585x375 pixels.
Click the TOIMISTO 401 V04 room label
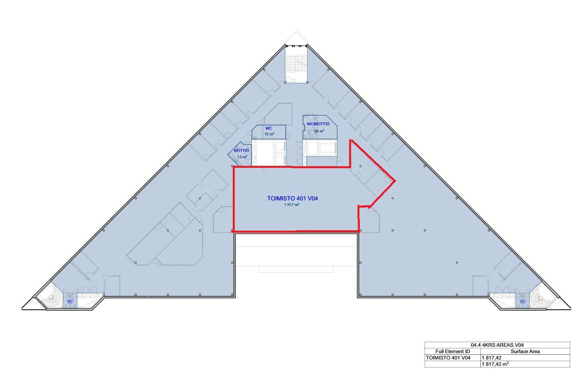coord(292,198)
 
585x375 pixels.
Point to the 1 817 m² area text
coord(292,205)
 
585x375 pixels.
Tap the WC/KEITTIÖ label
coord(318,124)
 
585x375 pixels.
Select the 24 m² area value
coord(319,131)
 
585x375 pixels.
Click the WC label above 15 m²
coord(268,128)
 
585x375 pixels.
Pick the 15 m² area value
coord(269,134)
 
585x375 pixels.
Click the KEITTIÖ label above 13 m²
coord(241,151)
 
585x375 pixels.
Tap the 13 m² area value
coord(242,157)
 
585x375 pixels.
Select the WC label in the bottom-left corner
coord(70,301)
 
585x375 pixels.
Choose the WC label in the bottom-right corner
coord(523,301)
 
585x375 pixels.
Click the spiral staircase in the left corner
coord(54,297)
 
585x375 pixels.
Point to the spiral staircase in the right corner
coord(538,298)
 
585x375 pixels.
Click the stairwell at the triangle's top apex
coord(296,64)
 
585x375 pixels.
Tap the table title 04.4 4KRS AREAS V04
coord(497,345)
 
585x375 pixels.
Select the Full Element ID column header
coord(453,352)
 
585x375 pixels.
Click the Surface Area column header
coord(525,352)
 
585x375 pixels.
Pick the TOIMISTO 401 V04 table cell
coord(448,358)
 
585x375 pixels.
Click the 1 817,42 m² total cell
coord(495,364)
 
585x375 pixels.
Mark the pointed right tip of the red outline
coord(395,181)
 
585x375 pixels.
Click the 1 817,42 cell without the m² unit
coord(492,358)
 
